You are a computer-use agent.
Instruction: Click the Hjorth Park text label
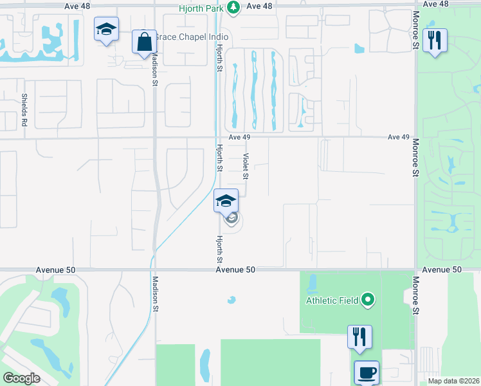(203, 8)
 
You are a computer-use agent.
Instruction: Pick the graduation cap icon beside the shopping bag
(106, 29)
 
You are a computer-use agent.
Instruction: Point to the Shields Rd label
(24, 110)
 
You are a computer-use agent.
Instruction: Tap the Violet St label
(245, 166)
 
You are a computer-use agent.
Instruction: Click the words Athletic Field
(331, 299)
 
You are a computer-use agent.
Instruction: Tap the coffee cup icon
(367, 372)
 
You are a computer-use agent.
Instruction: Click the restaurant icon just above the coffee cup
(359, 336)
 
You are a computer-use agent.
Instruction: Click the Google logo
(22, 378)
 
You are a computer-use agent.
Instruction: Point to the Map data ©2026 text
(453, 381)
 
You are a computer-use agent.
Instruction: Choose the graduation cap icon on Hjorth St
(226, 200)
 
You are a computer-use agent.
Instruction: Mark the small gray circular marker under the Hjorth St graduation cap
(232, 218)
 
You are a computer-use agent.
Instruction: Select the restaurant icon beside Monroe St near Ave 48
(435, 41)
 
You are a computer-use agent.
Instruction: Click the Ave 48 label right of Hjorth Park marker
(260, 5)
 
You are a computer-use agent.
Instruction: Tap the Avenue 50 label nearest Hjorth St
(235, 270)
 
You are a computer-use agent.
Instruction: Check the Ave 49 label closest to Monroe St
(399, 137)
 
